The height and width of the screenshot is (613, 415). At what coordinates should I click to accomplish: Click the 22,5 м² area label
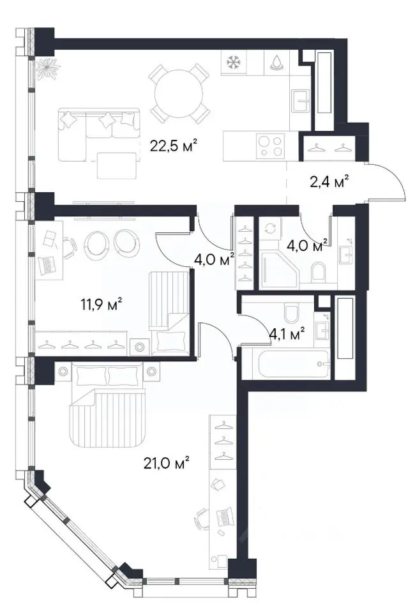(x=173, y=146)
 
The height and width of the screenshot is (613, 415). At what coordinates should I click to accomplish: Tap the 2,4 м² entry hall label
(x=329, y=182)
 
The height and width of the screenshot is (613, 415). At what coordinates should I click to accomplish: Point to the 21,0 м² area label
(x=167, y=464)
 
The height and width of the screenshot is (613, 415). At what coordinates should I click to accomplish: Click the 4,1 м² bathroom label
(x=287, y=333)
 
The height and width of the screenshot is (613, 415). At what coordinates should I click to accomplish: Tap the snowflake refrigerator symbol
(x=233, y=62)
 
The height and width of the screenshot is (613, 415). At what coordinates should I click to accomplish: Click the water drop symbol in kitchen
(x=276, y=62)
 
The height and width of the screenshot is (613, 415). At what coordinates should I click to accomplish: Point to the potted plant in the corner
(x=48, y=69)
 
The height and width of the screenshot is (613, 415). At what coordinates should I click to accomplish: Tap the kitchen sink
(x=301, y=101)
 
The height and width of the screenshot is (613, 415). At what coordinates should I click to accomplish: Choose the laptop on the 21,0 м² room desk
(x=225, y=516)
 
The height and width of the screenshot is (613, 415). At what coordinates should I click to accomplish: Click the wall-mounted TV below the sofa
(x=103, y=203)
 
